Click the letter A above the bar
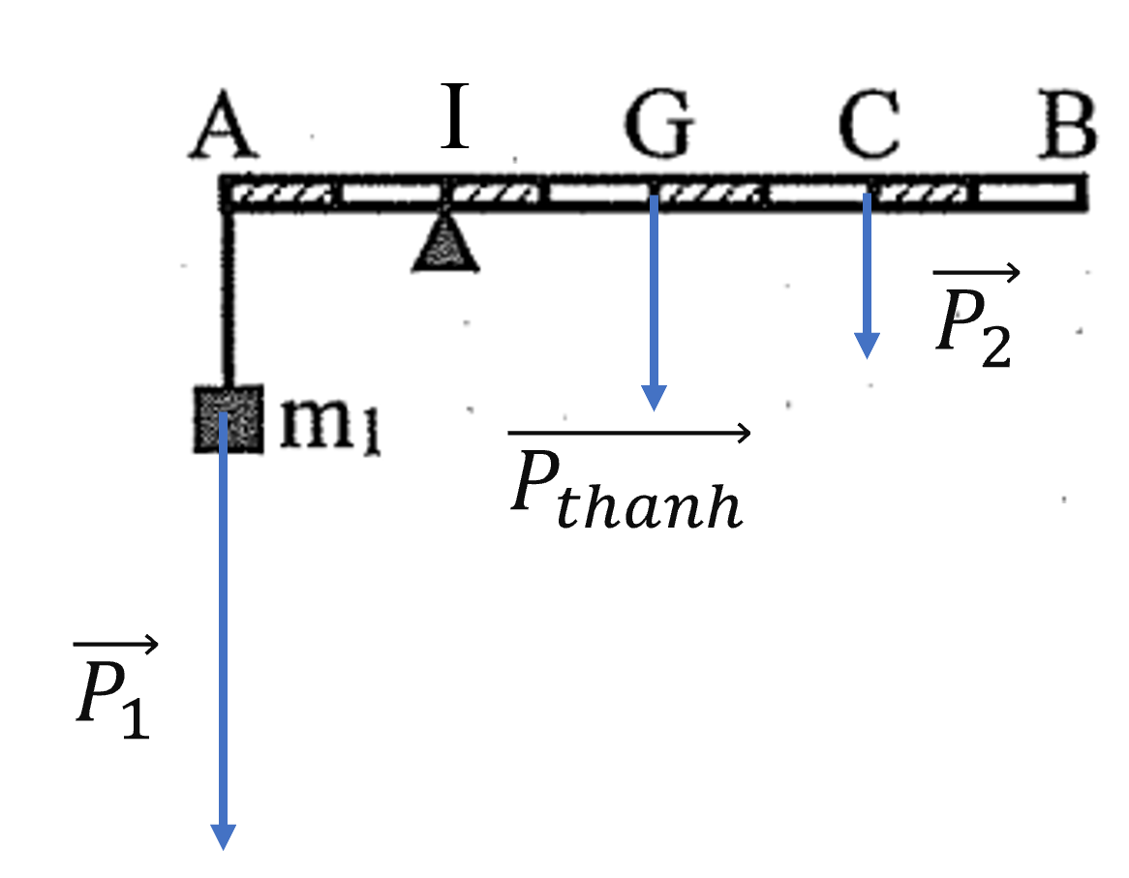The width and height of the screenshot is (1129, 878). click(x=224, y=124)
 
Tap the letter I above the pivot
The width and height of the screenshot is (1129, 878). click(x=455, y=115)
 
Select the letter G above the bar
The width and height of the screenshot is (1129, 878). click(x=659, y=124)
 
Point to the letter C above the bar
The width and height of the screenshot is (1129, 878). click(x=870, y=124)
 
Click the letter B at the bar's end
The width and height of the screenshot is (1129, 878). click(x=1067, y=124)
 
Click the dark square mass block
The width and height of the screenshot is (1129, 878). click(x=229, y=419)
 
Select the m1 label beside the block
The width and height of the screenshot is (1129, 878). click(x=330, y=425)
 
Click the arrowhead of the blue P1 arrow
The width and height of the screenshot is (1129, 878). click(x=224, y=837)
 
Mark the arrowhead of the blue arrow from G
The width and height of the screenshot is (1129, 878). click(x=654, y=398)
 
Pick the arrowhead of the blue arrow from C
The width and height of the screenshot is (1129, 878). click(x=867, y=347)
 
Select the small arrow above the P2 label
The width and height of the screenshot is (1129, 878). click(x=976, y=272)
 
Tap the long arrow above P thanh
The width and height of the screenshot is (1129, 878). click(x=628, y=433)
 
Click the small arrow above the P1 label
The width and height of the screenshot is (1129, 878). click(x=115, y=644)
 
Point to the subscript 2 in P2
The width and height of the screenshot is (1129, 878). click(x=995, y=347)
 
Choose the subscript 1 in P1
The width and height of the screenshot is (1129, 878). click(x=137, y=718)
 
